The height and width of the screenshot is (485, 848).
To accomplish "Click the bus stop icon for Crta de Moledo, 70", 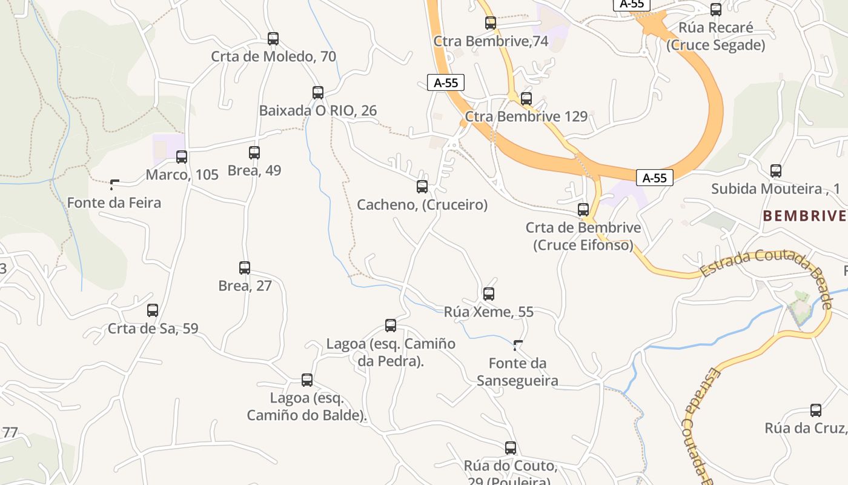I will click(273, 39).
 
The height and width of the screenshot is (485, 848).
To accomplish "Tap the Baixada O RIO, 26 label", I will click(317, 110).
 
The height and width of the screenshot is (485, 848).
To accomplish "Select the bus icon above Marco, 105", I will click(182, 157).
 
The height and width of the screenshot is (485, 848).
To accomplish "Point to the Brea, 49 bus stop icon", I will click(254, 153).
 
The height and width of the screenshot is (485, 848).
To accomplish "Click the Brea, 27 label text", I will click(245, 286).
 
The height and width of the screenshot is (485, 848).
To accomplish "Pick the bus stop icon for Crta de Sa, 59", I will click(153, 310).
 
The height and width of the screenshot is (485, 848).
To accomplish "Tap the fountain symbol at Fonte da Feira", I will click(114, 184).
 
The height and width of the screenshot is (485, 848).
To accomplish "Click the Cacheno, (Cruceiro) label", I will click(422, 205).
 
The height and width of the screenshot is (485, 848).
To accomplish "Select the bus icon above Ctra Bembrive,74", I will click(491, 23).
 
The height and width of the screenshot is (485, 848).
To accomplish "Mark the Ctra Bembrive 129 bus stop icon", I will click(526, 98).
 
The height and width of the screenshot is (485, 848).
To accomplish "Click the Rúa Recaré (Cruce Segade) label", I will click(715, 36).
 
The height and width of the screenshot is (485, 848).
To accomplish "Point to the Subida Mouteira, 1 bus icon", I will click(776, 171).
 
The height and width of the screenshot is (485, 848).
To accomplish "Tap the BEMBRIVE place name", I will click(804, 216).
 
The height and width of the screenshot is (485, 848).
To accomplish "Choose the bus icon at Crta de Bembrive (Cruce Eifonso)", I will click(583, 210).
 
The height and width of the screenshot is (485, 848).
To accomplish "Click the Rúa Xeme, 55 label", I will click(489, 312).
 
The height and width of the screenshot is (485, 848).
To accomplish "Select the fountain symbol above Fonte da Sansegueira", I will click(518, 346).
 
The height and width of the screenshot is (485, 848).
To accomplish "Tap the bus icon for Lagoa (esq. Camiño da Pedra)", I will click(391, 326).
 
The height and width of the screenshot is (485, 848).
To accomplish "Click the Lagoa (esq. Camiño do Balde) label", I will click(306, 407).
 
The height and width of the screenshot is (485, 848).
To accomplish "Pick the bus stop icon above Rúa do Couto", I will click(511, 448).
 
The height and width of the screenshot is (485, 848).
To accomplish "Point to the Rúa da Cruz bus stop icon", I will click(816, 410).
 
